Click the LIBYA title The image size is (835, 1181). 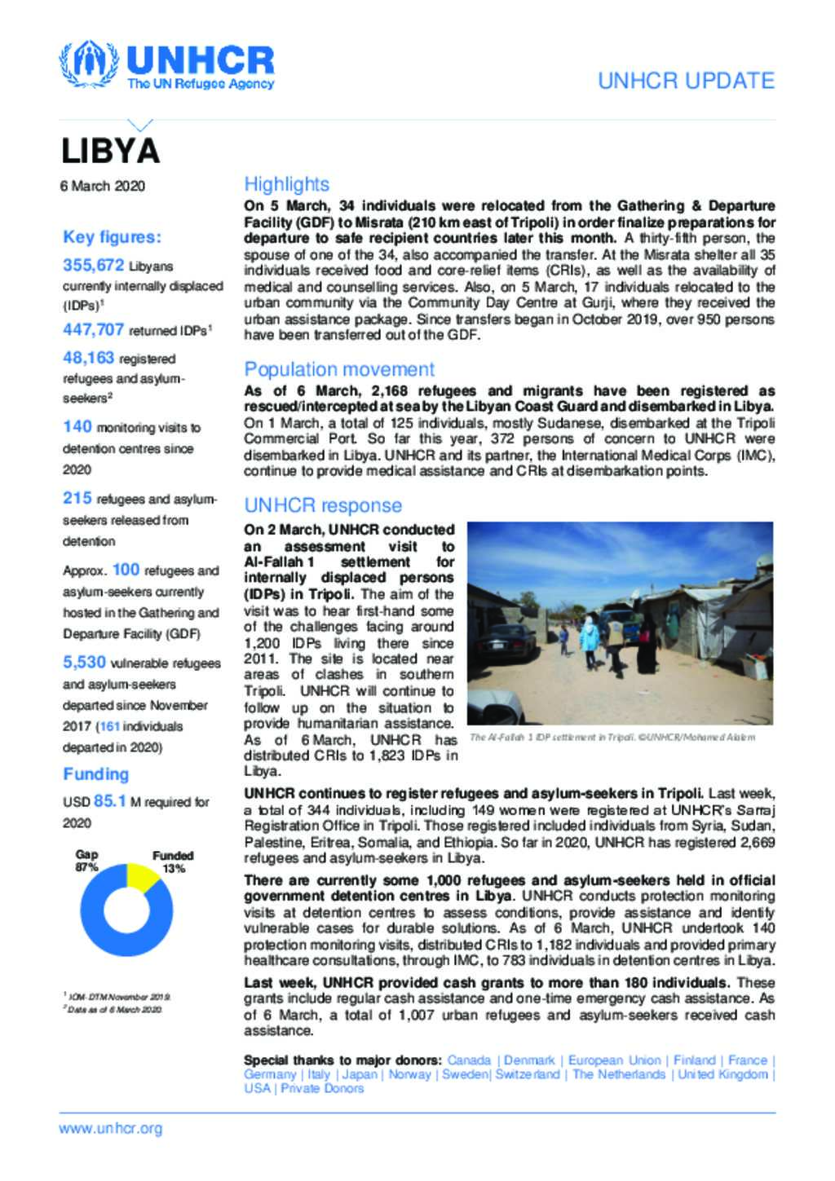pos(110,152)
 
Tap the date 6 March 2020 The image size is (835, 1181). pos(103,187)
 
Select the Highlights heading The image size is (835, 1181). pos(286,184)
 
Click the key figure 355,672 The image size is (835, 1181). pos(94,265)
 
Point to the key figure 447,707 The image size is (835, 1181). pos(94,329)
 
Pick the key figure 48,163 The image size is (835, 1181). pos(90,357)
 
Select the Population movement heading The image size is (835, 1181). pos(339,369)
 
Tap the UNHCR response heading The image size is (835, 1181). pos(323,505)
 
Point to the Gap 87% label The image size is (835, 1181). pos(86,861)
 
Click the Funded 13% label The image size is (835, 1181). pos(173,862)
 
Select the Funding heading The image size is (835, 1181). pos(95,774)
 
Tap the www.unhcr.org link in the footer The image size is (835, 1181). pos(111,1129)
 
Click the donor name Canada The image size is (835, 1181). pos(470,1060)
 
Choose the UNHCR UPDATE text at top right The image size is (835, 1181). pos(686,81)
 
